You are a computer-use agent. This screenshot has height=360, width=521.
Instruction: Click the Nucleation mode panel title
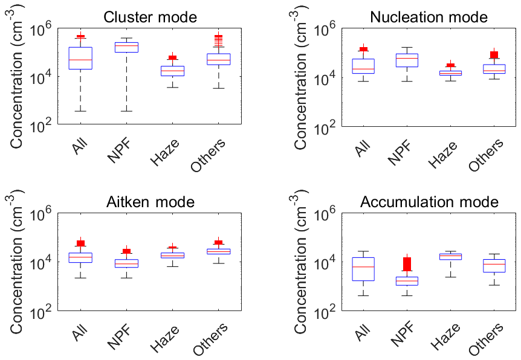(x=428, y=17)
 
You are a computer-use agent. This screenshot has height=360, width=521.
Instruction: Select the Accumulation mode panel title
(x=429, y=202)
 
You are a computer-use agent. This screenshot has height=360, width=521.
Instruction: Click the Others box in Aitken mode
(x=218, y=251)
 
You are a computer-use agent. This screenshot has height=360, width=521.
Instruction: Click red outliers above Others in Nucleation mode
(x=494, y=54)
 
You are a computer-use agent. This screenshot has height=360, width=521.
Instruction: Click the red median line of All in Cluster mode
(x=80, y=60)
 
